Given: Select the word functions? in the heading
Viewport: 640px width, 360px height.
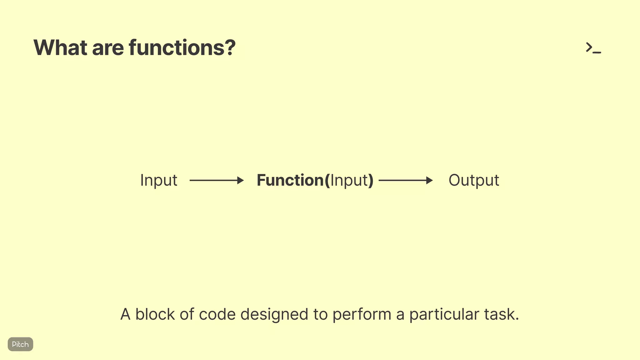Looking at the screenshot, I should (182, 48).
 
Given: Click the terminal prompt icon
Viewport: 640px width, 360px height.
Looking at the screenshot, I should (593, 48).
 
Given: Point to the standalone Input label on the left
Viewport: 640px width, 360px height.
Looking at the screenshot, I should (159, 181).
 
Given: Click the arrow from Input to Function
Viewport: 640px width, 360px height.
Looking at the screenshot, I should (216, 180).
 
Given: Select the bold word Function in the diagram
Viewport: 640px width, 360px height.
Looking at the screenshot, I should (290, 180).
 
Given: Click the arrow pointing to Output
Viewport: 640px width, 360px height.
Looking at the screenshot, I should (405, 180).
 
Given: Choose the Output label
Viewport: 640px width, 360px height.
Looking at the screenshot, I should (474, 181).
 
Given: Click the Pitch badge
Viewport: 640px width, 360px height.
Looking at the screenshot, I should (20, 344).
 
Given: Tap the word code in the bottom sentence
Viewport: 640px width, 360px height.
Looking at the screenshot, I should (217, 314).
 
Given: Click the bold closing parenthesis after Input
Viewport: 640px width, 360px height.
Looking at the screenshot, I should (371, 181).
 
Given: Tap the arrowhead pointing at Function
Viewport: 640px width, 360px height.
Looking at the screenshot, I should (240, 180).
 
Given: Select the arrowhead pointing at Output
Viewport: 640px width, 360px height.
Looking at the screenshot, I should (429, 180).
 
